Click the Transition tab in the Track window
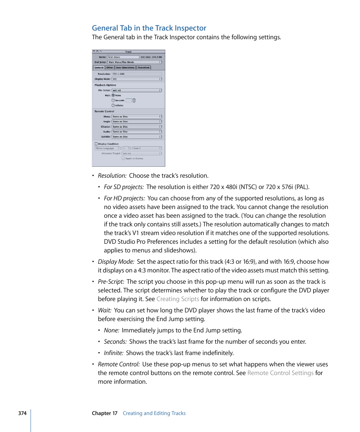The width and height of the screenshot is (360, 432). (x=143, y=68)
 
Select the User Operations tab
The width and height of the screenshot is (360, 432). (x=125, y=68)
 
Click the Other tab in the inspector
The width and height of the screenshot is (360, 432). (x=109, y=68)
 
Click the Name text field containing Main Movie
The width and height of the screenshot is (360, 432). (x=123, y=57)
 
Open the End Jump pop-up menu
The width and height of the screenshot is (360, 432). (x=135, y=62)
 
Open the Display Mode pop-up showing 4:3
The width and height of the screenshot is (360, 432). (x=137, y=79)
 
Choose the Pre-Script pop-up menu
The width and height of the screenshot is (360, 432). (x=137, y=90)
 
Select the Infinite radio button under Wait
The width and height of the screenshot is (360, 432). (x=113, y=106)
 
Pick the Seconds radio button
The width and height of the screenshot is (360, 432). (x=113, y=100)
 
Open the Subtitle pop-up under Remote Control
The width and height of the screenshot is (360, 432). (x=137, y=137)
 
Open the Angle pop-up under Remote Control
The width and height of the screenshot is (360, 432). (x=137, y=121)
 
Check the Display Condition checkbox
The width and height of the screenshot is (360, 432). (x=96, y=144)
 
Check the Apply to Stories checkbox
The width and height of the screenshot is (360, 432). (x=123, y=158)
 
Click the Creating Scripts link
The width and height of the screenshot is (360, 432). (x=177, y=299)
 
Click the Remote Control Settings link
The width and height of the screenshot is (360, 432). (x=280, y=373)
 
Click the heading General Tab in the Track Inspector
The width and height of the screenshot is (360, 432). (x=149, y=28)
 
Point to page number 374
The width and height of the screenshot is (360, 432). (x=22, y=413)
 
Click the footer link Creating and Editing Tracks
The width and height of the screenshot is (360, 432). (x=154, y=413)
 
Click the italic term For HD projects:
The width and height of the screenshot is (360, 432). (x=124, y=198)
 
